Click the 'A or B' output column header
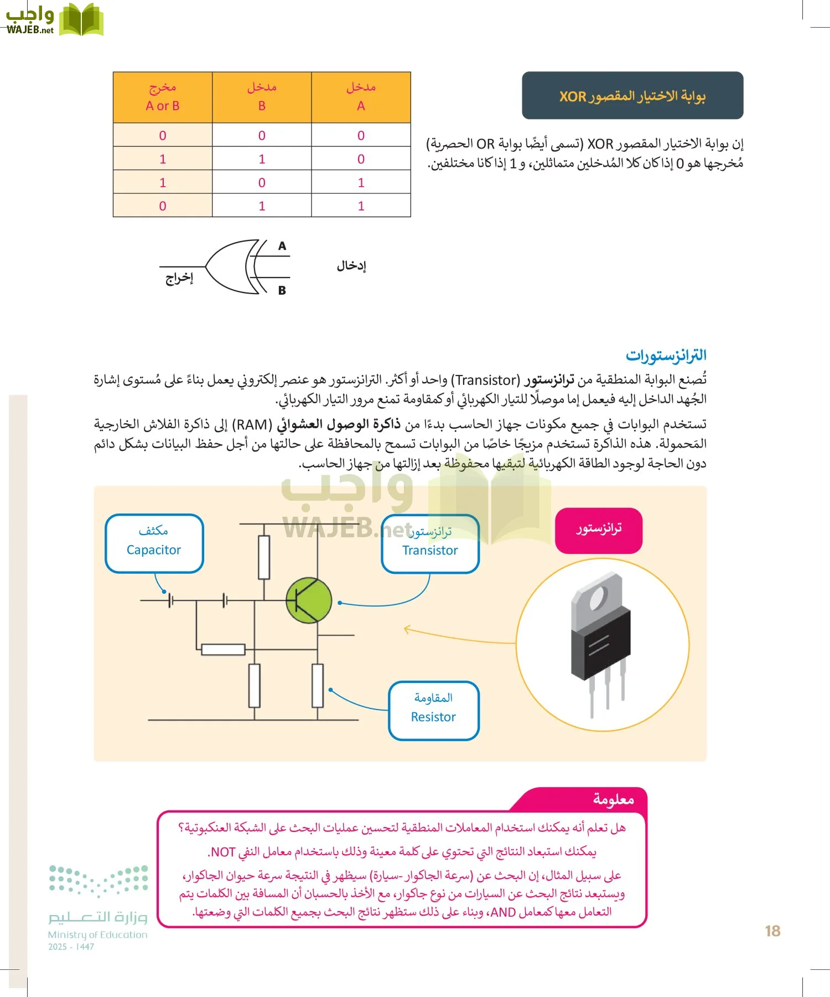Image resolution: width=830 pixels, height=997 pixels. coord(163,97)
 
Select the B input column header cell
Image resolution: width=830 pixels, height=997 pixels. coord(262,97)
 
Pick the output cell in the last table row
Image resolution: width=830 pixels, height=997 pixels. coord(163,205)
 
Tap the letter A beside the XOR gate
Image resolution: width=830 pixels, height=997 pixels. coord(282,246)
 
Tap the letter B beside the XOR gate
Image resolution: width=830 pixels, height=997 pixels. coord(282,290)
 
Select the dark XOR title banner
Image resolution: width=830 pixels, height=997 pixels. coord(632,95)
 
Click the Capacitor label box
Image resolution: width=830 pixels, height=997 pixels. coord(154,543)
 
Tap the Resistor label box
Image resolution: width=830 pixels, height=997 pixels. coord(433,711)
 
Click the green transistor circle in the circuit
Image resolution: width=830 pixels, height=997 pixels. coord(309,600)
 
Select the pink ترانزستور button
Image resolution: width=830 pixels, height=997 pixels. coord(598,530)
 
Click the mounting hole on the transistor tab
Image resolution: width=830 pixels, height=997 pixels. coord(598,598)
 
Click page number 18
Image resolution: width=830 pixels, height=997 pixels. coord(772,931)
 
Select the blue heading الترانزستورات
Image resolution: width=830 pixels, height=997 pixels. coord(666,356)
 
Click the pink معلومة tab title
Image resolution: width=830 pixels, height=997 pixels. coord(613,799)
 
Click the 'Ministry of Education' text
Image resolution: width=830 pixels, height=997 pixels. coord(97,935)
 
